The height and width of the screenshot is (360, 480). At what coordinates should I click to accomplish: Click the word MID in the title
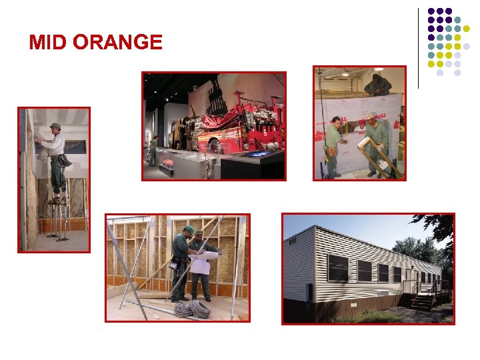click(48, 43)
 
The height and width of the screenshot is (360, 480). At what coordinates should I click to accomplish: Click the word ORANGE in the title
click(117, 43)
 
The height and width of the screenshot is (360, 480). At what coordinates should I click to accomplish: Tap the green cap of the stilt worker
click(55, 125)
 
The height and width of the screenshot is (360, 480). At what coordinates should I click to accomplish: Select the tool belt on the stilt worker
click(62, 161)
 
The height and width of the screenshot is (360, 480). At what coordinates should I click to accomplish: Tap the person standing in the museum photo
click(154, 150)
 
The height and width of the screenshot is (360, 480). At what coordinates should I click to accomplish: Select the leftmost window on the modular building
click(337, 267)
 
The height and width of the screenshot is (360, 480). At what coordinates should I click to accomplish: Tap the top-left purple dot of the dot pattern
click(431, 11)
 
